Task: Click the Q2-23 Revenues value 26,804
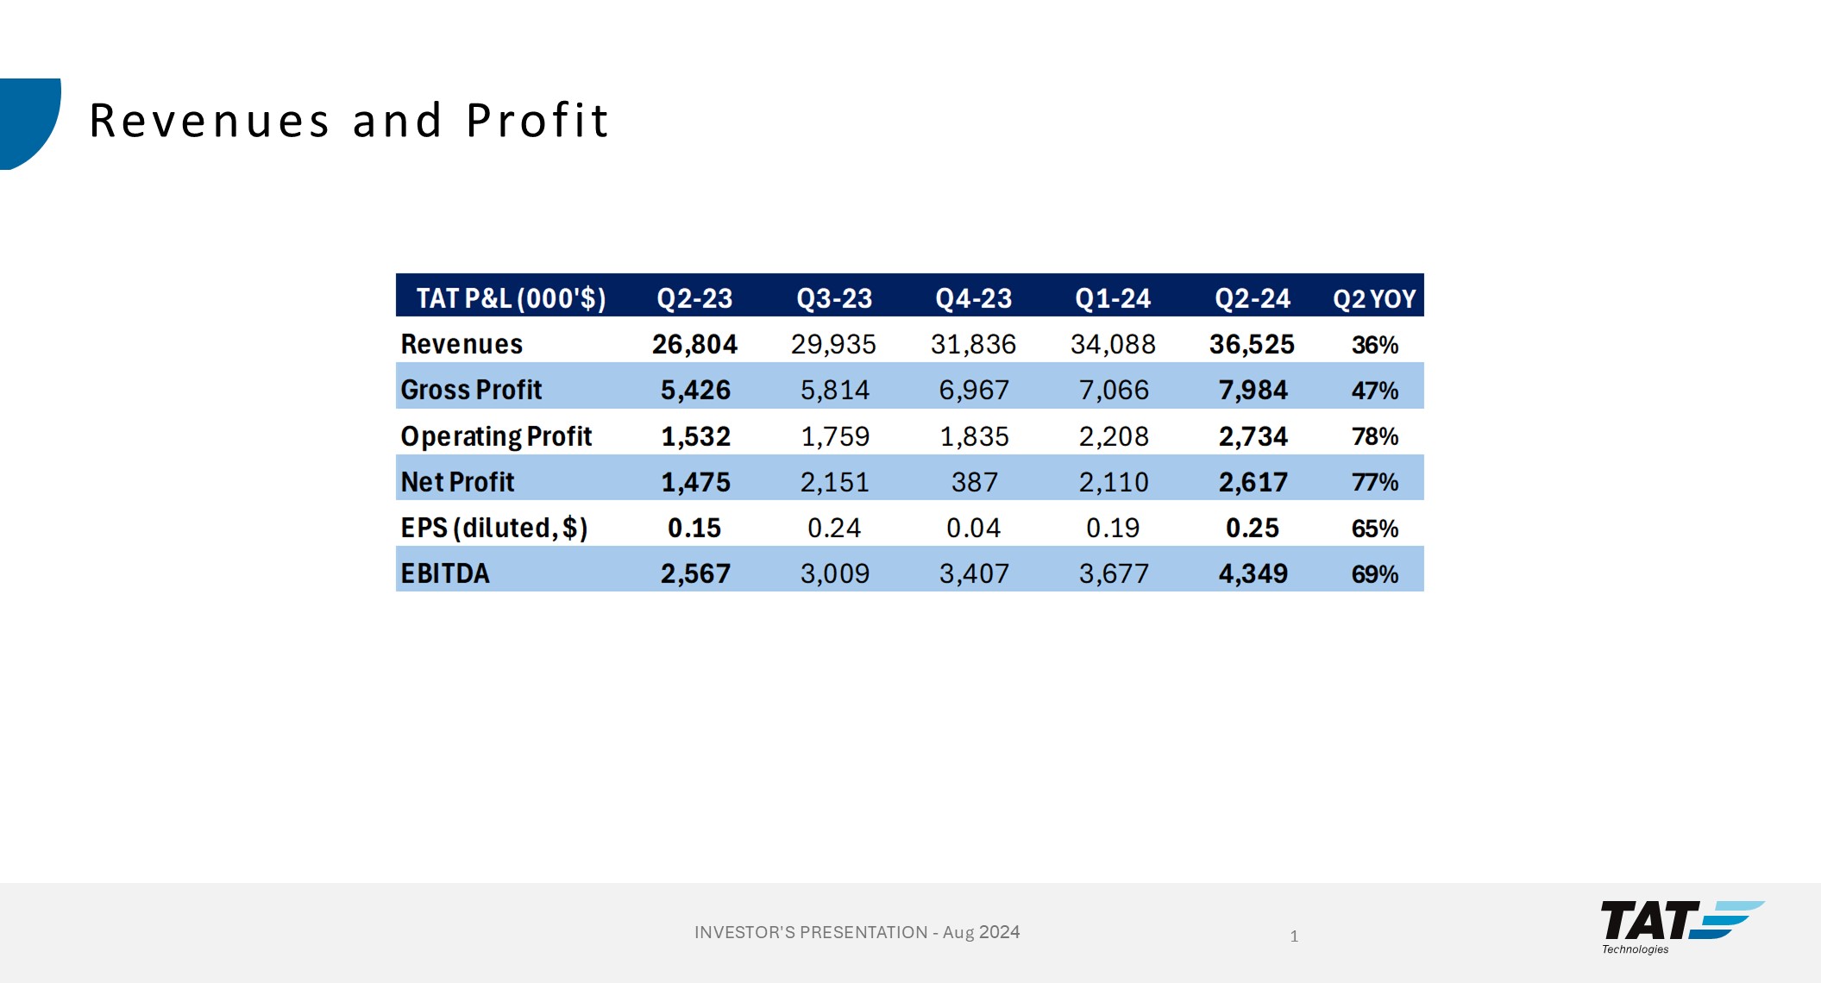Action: point(694,344)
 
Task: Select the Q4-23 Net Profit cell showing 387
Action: point(974,482)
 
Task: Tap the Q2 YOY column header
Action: point(1374,298)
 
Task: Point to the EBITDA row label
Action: point(445,573)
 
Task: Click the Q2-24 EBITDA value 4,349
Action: point(1253,573)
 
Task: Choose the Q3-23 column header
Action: point(834,298)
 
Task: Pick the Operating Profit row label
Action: point(496,436)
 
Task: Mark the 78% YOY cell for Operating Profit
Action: point(1374,436)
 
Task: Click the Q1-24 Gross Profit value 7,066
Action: point(1114,391)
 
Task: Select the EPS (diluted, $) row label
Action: point(493,528)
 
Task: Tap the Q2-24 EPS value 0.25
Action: point(1253,528)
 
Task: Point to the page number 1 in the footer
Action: point(1294,936)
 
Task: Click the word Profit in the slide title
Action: point(537,121)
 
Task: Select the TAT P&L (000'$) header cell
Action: point(511,298)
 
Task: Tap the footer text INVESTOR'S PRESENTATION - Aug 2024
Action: point(857,932)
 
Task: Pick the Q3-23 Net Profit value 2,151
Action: point(834,482)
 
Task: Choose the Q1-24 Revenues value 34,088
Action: point(1113,344)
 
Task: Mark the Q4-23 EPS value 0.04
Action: point(973,528)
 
